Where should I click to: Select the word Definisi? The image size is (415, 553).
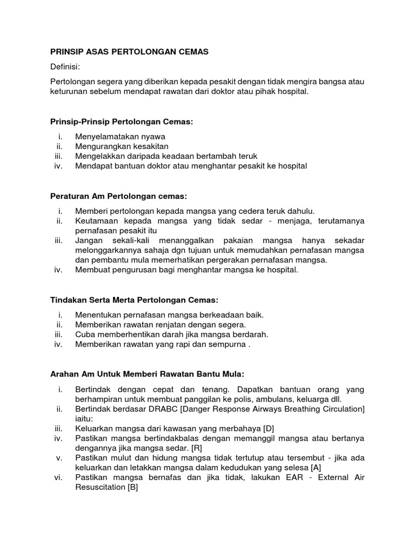coord(65,66)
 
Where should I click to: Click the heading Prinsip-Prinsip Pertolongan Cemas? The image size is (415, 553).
coord(122,122)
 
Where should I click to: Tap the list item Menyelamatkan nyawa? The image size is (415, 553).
coord(121,137)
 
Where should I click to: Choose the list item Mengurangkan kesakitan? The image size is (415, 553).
coord(122,146)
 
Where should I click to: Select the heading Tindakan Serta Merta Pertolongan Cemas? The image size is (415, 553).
coord(134,300)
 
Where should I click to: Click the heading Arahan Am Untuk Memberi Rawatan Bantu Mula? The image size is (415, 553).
coord(148,374)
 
